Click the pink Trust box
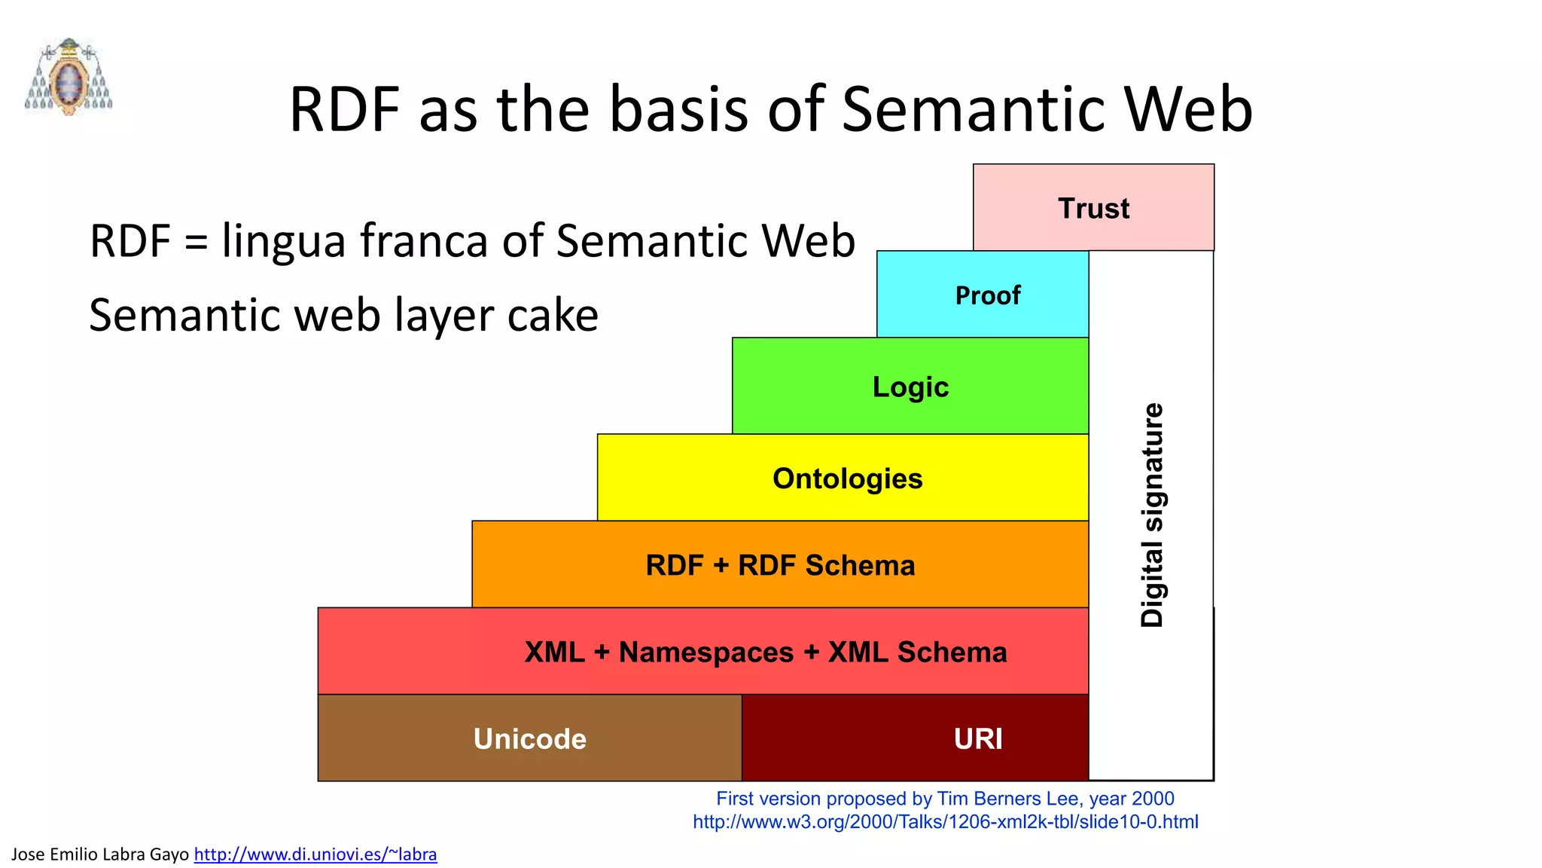(1093, 207)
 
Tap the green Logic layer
(910, 387)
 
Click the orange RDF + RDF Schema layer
(780, 565)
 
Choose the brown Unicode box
(529, 738)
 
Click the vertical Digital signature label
(1152, 515)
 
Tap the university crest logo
(69, 77)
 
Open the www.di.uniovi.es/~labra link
(315, 854)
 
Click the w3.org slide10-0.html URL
(945, 822)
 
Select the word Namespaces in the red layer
(705, 653)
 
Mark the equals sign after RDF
(196, 243)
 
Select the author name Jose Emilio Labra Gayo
(100, 854)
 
